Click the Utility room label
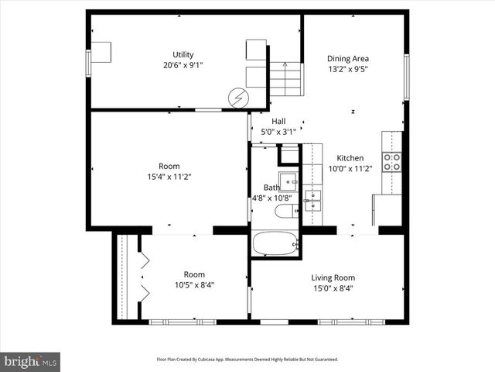(183, 54)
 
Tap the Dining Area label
(347, 58)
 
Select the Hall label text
(278, 121)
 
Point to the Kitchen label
(350, 157)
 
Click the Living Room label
(333, 278)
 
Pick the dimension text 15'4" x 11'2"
(169, 177)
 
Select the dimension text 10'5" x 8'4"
(194, 285)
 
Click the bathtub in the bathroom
(275, 243)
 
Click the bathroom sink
(288, 181)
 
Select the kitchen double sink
(312, 200)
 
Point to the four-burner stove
(393, 161)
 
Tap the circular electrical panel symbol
(239, 98)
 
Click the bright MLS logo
(31, 361)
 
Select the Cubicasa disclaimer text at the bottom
(247, 360)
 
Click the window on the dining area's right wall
(405, 76)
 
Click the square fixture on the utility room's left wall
(102, 52)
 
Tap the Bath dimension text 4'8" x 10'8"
(271, 198)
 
